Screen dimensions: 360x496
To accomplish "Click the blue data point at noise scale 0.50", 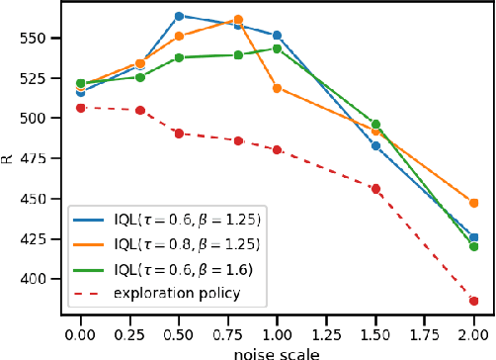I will click(179, 16).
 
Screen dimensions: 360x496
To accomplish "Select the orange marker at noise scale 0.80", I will click(238, 20).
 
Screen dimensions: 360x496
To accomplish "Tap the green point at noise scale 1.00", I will click(277, 48).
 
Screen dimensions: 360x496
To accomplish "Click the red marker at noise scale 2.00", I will click(474, 301).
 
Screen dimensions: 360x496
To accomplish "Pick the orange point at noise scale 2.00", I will click(474, 203).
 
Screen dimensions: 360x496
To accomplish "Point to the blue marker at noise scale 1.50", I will click(375, 145).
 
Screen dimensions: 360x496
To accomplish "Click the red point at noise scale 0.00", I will click(80, 107).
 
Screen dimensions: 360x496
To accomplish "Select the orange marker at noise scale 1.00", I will click(277, 88).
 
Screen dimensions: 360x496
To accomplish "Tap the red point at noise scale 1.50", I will click(375, 188).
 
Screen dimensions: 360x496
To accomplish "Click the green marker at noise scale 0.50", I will click(179, 57).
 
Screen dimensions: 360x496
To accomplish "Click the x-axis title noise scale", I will click(278, 351).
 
